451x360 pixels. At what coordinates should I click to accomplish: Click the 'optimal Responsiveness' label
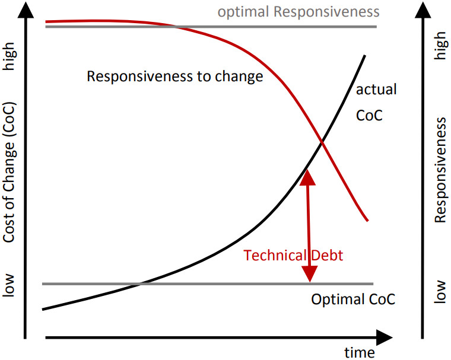298,12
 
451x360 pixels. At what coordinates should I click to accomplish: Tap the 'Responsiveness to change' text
174,77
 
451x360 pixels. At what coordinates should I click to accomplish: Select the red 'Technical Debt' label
294,255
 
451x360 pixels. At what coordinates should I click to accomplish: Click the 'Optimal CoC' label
353,299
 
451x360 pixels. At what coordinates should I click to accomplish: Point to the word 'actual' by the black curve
376,90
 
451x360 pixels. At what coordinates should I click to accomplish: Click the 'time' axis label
360,352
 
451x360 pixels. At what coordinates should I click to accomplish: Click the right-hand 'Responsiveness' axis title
440,170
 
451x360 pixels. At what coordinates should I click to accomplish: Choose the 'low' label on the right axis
440,291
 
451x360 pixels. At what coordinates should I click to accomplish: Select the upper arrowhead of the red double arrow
307,177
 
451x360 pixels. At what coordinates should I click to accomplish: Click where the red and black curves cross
322,141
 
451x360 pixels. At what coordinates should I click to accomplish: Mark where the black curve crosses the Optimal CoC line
140,283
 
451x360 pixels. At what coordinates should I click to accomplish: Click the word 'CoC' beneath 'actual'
369,114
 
